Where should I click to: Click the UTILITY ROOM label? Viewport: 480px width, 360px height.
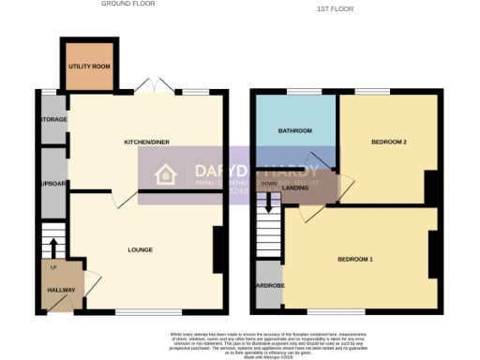(89, 67)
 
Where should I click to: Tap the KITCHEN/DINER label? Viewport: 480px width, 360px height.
(146, 142)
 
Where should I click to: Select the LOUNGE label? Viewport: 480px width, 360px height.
(141, 249)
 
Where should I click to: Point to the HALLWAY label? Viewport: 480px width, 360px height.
(62, 290)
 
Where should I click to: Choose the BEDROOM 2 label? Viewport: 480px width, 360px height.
(388, 142)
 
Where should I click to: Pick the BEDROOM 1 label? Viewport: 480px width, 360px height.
(356, 258)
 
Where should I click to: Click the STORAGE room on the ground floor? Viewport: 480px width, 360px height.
(53, 121)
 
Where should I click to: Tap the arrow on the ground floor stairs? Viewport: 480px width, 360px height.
(52, 247)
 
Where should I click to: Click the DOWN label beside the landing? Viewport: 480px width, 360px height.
(268, 184)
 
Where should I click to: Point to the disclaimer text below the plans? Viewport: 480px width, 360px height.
(240, 342)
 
